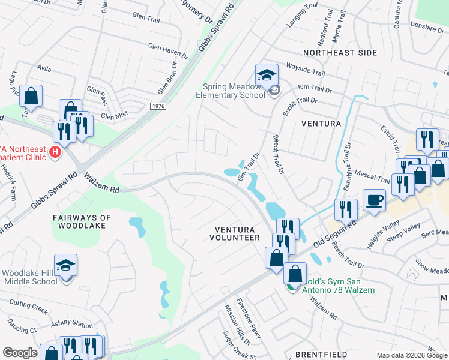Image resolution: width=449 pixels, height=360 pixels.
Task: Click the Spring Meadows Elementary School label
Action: click(231, 90)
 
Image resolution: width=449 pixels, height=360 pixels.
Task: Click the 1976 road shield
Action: click(158, 106)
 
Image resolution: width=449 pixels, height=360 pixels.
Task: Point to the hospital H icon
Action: click(55, 152)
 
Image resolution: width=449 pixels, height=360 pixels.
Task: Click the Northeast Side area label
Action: click(340, 53)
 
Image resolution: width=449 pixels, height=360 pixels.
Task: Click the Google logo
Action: click(20, 353)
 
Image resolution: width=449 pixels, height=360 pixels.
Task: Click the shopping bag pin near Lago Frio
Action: click(31, 96)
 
